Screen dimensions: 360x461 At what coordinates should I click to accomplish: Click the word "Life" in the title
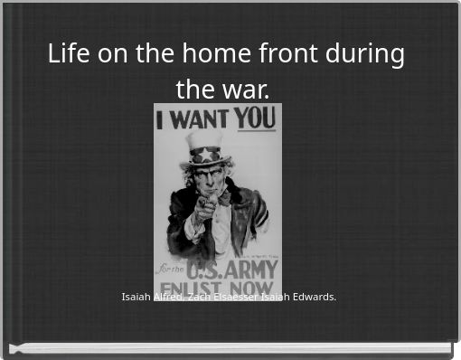[67, 54]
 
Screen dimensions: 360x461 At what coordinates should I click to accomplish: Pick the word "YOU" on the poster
[256, 118]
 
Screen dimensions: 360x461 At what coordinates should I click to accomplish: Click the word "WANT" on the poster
[200, 118]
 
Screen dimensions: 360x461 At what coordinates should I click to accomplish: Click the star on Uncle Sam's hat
[205, 154]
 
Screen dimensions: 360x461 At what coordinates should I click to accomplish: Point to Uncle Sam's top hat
[204, 145]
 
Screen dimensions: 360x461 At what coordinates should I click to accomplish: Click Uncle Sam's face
[211, 175]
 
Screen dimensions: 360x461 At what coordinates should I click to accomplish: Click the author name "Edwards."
[315, 296]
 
